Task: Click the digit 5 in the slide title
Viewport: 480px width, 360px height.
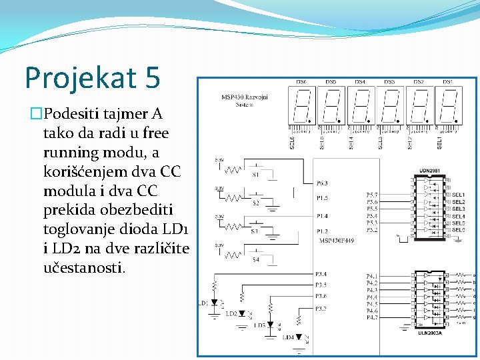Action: [151, 77]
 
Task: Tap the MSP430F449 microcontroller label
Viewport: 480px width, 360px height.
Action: [337, 241]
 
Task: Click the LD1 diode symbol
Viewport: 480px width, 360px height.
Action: [215, 303]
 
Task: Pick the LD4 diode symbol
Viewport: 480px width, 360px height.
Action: [299, 337]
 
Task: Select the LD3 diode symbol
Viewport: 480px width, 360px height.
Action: [270, 325]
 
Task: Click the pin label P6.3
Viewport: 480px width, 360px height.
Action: [322, 183]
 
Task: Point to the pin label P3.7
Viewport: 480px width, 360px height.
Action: [321, 308]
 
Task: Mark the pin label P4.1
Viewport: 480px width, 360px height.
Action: [372, 275]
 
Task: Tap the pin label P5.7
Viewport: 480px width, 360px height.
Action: [372, 195]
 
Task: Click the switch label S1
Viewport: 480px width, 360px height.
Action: [255, 175]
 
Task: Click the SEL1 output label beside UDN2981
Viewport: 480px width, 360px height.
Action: [458, 195]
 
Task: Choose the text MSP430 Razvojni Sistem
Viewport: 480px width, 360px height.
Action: [245, 100]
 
